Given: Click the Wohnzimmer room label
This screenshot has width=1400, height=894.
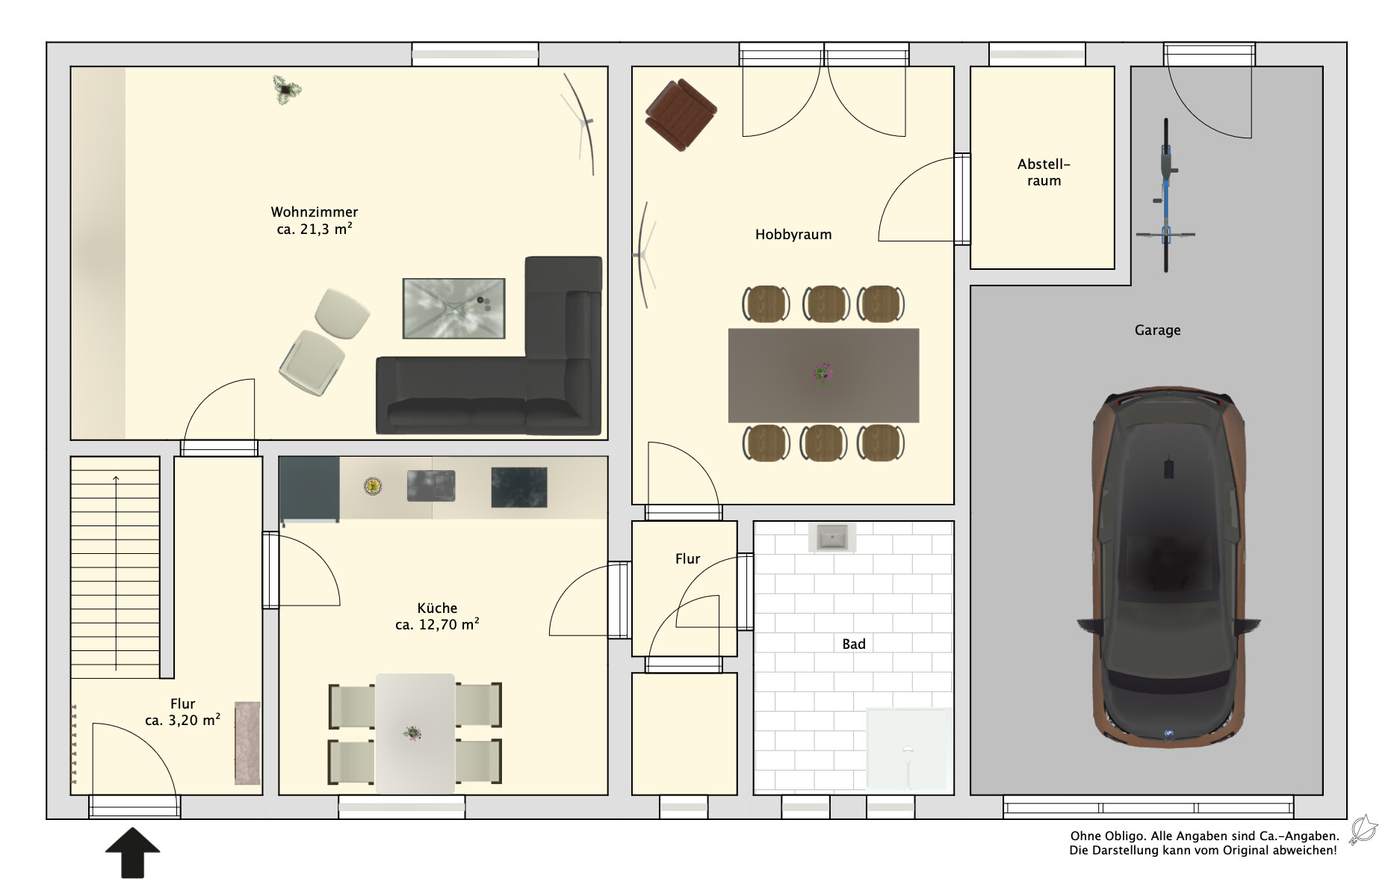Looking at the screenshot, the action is pos(314,212).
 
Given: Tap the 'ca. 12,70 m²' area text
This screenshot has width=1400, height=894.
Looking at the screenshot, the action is pos(437,624).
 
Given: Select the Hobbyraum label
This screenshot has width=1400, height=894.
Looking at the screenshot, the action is pos(793,235).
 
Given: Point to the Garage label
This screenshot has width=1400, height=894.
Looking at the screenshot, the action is pos(1157,330).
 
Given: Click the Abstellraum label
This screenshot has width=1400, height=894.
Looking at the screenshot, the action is pos(1044,173).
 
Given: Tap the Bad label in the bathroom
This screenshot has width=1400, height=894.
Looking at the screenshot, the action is pos(854,644).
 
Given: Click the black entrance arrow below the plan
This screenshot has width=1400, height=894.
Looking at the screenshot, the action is pos(132,852).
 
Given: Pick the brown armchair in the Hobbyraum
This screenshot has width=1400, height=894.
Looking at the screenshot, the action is pos(681,115).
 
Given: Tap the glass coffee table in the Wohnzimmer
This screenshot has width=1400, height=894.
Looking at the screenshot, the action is pos(453,308).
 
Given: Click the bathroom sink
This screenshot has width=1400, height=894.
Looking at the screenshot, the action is pos(831,537).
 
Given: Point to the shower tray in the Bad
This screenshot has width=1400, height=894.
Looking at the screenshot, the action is pos(909,749).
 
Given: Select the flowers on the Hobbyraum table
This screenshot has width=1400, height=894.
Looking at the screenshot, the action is pos(823,373).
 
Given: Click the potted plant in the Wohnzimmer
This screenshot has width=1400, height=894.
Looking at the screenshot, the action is pos(286,90).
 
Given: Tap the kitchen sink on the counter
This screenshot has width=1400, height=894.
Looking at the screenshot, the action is pos(431,486).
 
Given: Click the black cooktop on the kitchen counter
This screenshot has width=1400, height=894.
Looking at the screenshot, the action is pos(518,487).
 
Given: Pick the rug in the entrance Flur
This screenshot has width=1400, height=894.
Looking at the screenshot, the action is pos(247,743).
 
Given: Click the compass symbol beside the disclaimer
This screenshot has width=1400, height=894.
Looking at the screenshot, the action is pos(1363,830).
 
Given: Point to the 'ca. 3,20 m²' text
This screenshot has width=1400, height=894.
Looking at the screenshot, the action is pos(182,721).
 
